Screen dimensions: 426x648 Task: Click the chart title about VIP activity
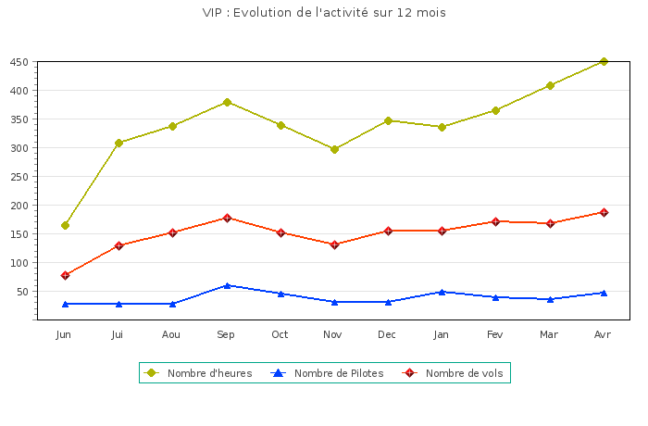(x=324, y=13)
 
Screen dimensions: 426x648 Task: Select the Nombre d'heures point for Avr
(x=604, y=61)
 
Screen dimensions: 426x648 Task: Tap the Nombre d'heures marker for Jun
(x=65, y=225)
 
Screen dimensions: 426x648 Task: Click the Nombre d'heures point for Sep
(x=227, y=102)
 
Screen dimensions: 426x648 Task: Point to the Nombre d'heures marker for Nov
(x=334, y=149)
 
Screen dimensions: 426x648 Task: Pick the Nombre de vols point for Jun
(x=65, y=275)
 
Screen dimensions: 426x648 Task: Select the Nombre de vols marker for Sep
(x=227, y=218)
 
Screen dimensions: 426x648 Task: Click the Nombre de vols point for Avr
(x=604, y=212)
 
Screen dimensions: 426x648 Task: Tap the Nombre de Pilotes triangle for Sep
(x=227, y=285)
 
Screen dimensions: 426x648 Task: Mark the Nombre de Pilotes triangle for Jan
(x=442, y=292)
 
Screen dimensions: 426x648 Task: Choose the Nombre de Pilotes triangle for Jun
(x=65, y=304)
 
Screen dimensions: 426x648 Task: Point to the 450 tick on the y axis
(x=19, y=62)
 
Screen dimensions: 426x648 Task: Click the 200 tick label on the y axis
(x=19, y=206)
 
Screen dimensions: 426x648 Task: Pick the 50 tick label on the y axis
(x=22, y=292)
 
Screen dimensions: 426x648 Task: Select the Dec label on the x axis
(x=388, y=333)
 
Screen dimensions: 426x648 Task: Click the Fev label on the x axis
(x=495, y=333)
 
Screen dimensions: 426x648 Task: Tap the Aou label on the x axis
(x=171, y=333)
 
